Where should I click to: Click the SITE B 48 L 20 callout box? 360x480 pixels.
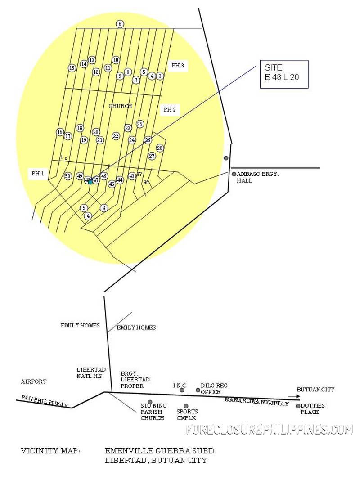(284, 74)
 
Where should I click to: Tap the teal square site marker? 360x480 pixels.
(90, 182)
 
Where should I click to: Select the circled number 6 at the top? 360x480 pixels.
(120, 24)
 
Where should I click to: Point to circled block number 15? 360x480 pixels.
(72, 68)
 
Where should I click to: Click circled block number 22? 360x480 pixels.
(116, 136)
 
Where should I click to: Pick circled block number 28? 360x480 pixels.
(160, 148)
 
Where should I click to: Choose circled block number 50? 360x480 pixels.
(68, 176)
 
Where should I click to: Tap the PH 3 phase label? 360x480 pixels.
(177, 66)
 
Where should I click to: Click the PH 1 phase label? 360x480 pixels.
(37, 173)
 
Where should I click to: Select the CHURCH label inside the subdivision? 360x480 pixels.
(121, 106)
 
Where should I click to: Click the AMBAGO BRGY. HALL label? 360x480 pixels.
(257, 177)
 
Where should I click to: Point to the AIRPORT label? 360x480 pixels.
(34, 381)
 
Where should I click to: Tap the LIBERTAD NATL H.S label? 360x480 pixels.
(91, 373)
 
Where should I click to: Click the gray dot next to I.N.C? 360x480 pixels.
(182, 390)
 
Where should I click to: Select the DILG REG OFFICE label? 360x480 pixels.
(214, 389)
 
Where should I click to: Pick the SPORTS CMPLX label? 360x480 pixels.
(187, 415)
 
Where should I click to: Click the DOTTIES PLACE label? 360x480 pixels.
(313, 408)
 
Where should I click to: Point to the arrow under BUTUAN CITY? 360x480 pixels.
(293, 396)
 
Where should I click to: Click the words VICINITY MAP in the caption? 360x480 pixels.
(50, 451)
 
